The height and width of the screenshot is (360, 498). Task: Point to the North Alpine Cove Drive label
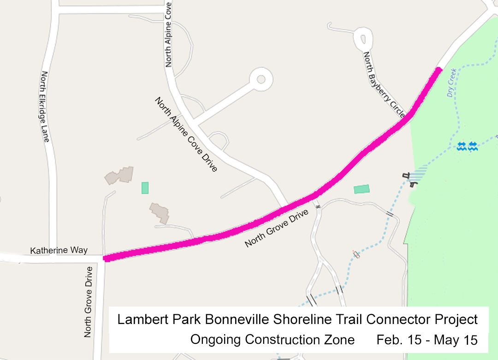pyautogui.click(x=186, y=135)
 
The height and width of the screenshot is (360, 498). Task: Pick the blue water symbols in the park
pyautogui.click(x=467, y=147)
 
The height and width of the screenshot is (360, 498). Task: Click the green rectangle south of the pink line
pyautogui.click(x=362, y=189)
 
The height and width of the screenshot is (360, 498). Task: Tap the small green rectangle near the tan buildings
pyautogui.click(x=145, y=188)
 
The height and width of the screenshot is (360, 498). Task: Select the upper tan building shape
pyautogui.click(x=119, y=175)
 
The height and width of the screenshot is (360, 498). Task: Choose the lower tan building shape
pyautogui.click(x=159, y=213)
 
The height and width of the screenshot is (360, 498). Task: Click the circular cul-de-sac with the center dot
pyautogui.click(x=261, y=79)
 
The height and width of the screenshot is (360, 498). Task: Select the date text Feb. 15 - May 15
pyautogui.click(x=427, y=340)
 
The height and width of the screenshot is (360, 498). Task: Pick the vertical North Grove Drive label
pyautogui.click(x=88, y=301)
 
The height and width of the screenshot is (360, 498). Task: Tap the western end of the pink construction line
pyautogui.click(x=107, y=258)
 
